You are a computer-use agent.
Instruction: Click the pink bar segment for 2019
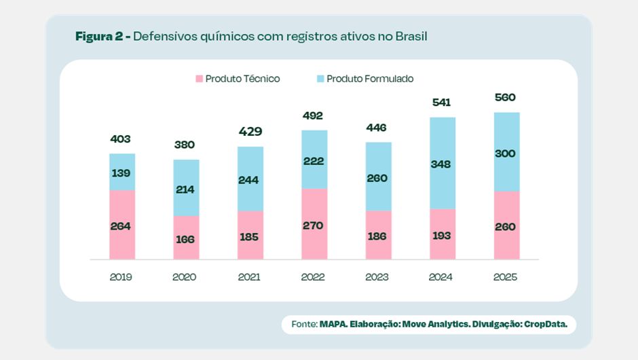(122, 224)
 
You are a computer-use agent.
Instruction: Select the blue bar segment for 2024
(442, 163)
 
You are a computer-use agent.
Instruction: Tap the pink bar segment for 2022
(314, 223)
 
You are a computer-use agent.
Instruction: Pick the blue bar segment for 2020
(186, 187)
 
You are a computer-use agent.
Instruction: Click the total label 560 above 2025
(506, 97)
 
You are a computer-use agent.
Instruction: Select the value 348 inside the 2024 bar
(442, 164)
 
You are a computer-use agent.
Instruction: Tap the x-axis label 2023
(377, 277)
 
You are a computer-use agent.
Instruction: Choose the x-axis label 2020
(185, 277)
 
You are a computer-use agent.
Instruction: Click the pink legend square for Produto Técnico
(200, 79)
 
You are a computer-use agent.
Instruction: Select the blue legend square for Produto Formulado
(320, 79)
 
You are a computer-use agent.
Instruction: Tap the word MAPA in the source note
(333, 325)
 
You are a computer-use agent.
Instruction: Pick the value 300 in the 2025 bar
(506, 154)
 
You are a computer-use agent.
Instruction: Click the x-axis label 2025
(506, 277)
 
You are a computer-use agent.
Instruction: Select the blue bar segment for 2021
(250, 179)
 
